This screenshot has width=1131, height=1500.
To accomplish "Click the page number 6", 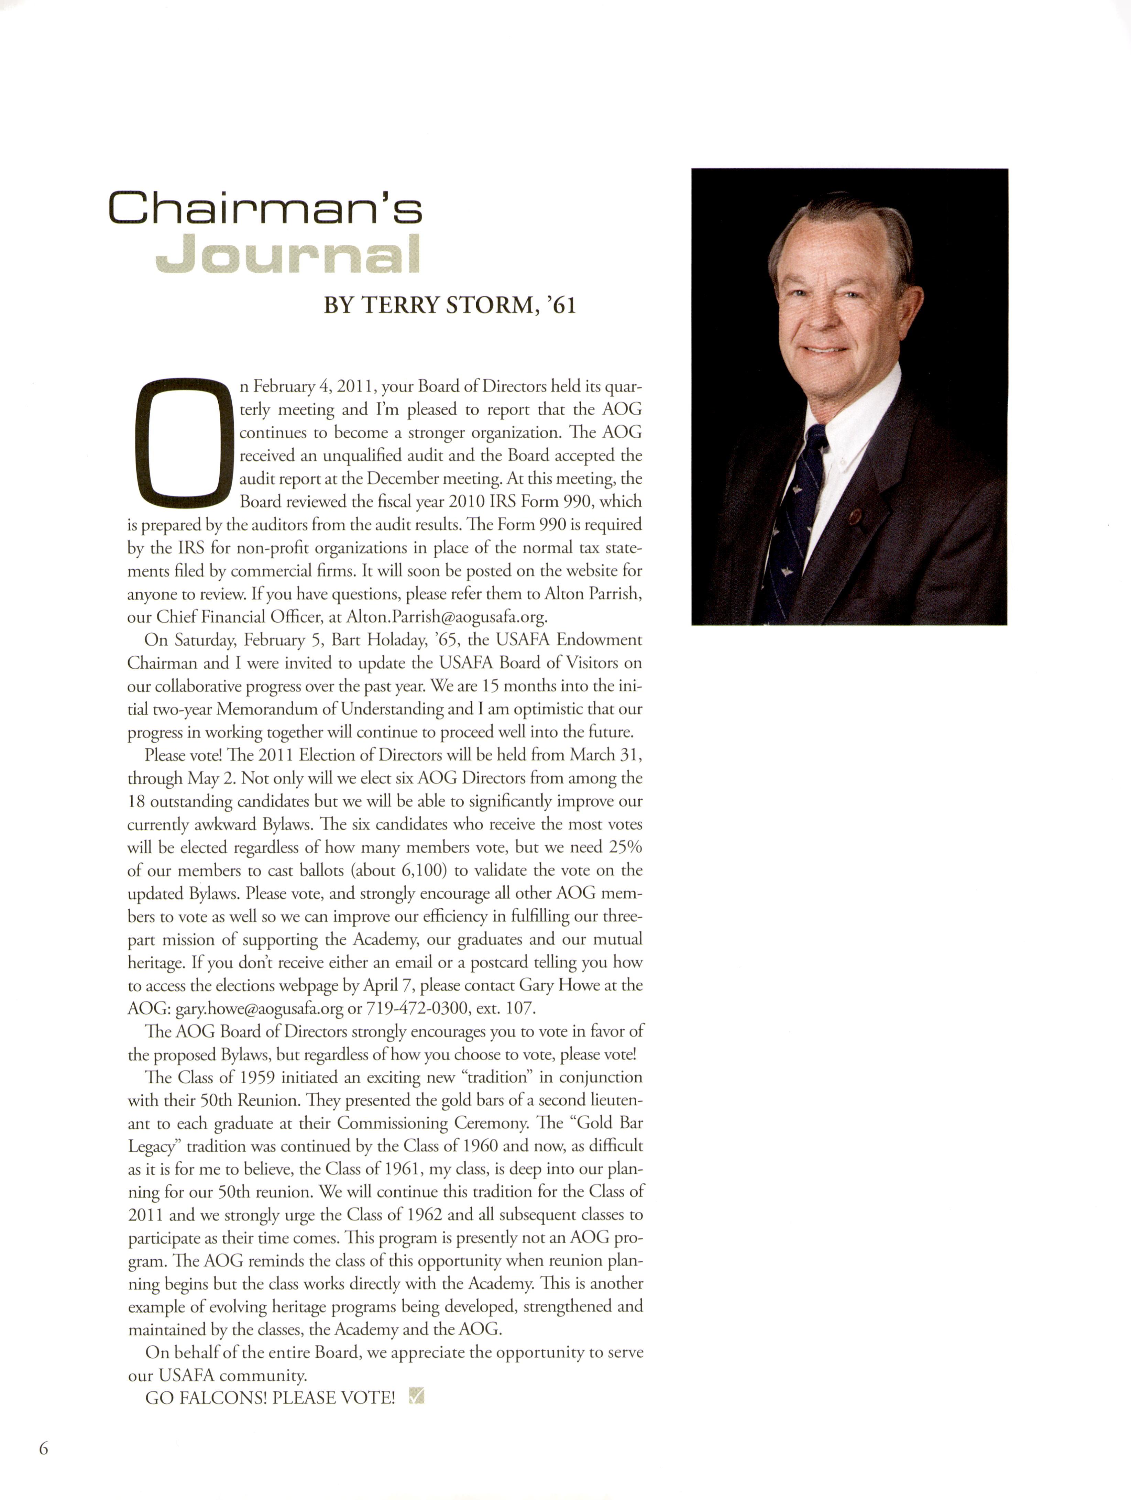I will click(43, 1448).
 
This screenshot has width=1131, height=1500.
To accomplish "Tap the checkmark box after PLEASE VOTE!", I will click(416, 1395).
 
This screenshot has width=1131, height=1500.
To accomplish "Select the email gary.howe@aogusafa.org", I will click(259, 1008).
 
